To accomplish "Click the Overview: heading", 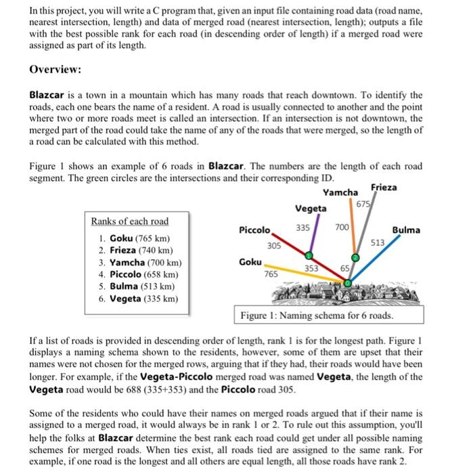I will coord(55,70).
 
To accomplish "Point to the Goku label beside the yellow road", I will coord(251,261).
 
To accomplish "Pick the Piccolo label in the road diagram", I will coord(255,230).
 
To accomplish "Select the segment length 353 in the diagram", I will coord(312,269).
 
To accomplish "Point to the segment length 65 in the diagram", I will coord(344,269).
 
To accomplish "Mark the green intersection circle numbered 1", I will coord(309,255).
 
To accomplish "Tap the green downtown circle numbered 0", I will coord(348,283).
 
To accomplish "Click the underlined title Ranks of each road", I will coord(130,221).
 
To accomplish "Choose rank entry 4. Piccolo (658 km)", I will coord(139,274).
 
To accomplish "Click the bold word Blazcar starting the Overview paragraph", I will coord(50,95).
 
